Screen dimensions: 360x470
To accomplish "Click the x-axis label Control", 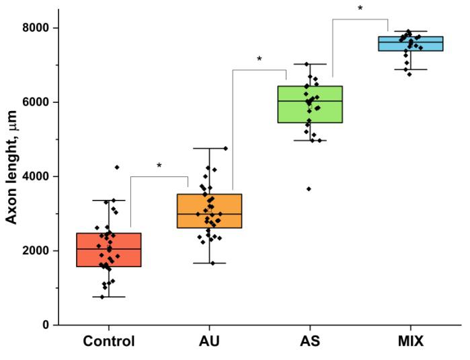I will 109,342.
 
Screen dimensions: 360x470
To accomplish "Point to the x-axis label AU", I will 209,342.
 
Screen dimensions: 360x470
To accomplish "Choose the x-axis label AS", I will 310,342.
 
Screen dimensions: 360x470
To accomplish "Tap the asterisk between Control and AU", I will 159,166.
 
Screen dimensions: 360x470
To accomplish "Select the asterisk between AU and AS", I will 260,60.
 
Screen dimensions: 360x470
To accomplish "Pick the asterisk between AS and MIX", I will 360,9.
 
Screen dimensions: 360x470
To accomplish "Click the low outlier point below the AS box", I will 309,189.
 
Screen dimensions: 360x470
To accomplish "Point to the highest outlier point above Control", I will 117,167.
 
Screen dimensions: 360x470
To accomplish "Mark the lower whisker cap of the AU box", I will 209,263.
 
